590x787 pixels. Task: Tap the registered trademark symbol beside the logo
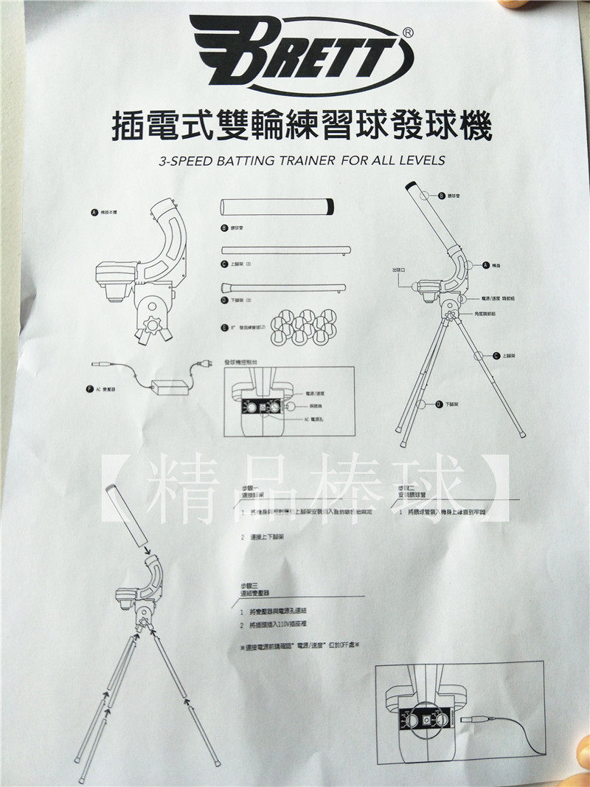coord(409,32)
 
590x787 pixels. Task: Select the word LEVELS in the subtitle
coord(422,159)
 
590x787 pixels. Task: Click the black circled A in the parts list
coord(93,212)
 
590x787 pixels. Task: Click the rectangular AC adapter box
coord(170,386)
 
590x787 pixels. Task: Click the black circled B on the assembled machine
coord(441,196)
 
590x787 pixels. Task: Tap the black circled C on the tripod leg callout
coord(498,355)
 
